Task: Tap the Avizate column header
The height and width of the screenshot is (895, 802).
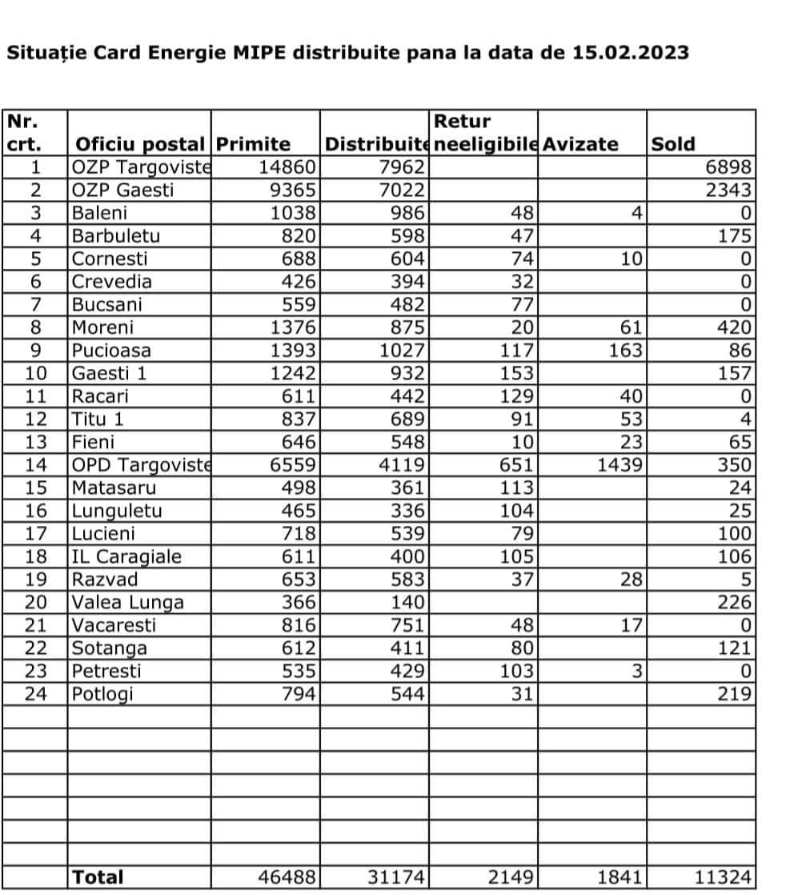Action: pyautogui.click(x=580, y=144)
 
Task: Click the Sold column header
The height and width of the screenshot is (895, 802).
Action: pyautogui.click(x=673, y=144)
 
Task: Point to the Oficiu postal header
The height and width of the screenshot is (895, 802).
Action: pyautogui.click(x=138, y=144)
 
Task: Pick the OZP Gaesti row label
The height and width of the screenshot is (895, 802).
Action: pyautogui.click(x=122, y=191)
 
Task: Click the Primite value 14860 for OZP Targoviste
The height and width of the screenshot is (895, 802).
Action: pyautogui.click(x=289, y=167)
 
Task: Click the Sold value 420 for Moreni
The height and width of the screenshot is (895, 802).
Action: pyautogui.click(x=734, y=327)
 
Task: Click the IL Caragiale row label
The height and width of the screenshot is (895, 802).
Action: pyautogui.click(x=126, y=557)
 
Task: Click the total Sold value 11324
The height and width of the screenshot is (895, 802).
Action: pyautogui.click(x=723, y=877)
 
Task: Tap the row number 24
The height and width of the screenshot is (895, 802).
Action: pyautogui.click(x=36, y=694)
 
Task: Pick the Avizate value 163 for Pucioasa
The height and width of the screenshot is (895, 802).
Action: pyautogui.click(x=624, y=351)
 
